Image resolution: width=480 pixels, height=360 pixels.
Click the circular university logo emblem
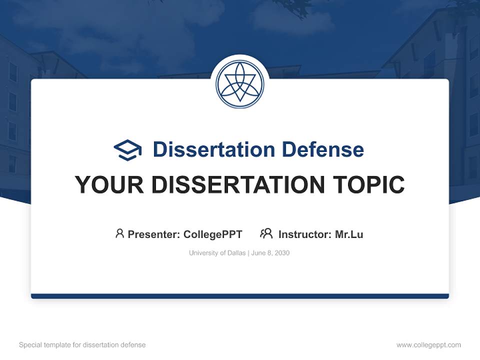[240, 84]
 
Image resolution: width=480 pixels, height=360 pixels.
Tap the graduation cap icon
[128, 149]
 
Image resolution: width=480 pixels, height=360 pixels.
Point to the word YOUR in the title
[109, 184]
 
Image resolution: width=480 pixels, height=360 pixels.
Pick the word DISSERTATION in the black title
[238, 184]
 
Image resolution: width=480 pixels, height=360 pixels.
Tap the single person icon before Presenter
[119, 233]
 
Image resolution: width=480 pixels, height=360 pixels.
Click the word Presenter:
[153, 234]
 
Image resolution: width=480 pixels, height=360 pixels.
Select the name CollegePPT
[213, 234]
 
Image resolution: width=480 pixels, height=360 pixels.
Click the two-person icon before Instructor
[266, 233]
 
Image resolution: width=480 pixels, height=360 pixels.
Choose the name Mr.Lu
[349, 234]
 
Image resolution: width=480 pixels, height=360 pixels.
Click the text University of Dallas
[217, 253]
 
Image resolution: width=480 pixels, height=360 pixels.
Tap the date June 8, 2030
[270, 253]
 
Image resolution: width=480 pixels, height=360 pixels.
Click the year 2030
[281, 253]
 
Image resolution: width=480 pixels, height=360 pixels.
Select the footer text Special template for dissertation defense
[82, 345]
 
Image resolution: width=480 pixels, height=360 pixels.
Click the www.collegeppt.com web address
[428, 345]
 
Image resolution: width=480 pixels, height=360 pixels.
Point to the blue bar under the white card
[240, 296]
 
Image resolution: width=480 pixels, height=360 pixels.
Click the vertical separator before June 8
[248, 253]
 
